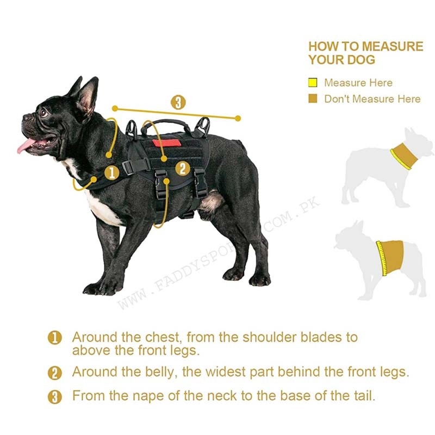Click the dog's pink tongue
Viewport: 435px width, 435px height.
pos(26,146)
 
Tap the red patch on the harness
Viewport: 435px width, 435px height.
pos(167,143)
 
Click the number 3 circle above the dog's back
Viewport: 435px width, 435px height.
pos(178,102)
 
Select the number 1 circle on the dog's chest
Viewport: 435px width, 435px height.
pos(112,172)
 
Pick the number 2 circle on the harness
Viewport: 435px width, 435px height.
pos(183,169)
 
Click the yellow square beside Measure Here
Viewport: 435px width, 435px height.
pos(313,83)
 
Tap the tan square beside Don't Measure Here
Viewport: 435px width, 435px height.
pos(313,98)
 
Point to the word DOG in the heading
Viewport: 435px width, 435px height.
pos(361,60)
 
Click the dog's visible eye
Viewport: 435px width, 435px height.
pos(43,113)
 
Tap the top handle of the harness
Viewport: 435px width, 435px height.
pos(166,124)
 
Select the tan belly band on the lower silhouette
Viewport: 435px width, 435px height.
pos(390,258)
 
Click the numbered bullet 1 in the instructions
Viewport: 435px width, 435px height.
pos(55,338)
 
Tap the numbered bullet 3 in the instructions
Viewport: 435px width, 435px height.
pos(55,397)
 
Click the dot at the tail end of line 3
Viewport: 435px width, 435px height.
pos(238,119)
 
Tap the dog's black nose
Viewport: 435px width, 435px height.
pos(27,117)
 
